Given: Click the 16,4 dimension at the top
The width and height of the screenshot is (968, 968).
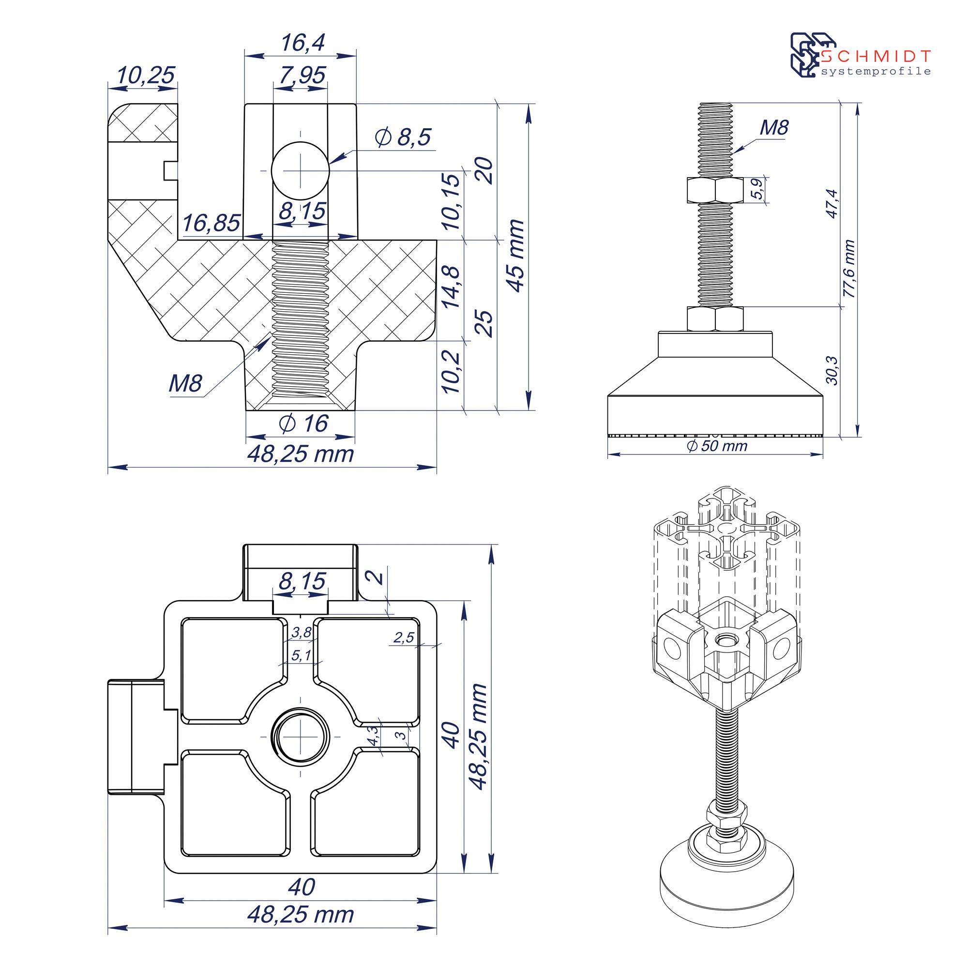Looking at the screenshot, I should pos(302,43).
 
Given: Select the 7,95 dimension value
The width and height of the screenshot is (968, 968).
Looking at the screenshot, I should pos(302,75).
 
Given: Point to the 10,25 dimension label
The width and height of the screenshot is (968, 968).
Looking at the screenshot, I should pos(145,75).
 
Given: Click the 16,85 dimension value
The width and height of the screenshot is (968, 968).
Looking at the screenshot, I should pos(211,223).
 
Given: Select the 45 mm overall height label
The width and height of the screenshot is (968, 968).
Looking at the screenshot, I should pos(516,256).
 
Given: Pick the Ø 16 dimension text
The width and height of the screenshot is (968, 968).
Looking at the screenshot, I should pos(304,424).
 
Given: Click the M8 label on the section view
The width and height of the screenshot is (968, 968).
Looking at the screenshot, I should pos(185,384).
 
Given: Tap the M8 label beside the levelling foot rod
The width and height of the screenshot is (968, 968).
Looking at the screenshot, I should pos(774,127).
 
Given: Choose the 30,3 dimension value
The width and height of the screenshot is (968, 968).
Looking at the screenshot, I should pos(832,371).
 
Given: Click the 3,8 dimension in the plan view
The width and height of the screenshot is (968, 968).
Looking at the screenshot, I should pos(302,632).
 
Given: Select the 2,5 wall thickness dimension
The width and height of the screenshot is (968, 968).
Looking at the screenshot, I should pos(403,637).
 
